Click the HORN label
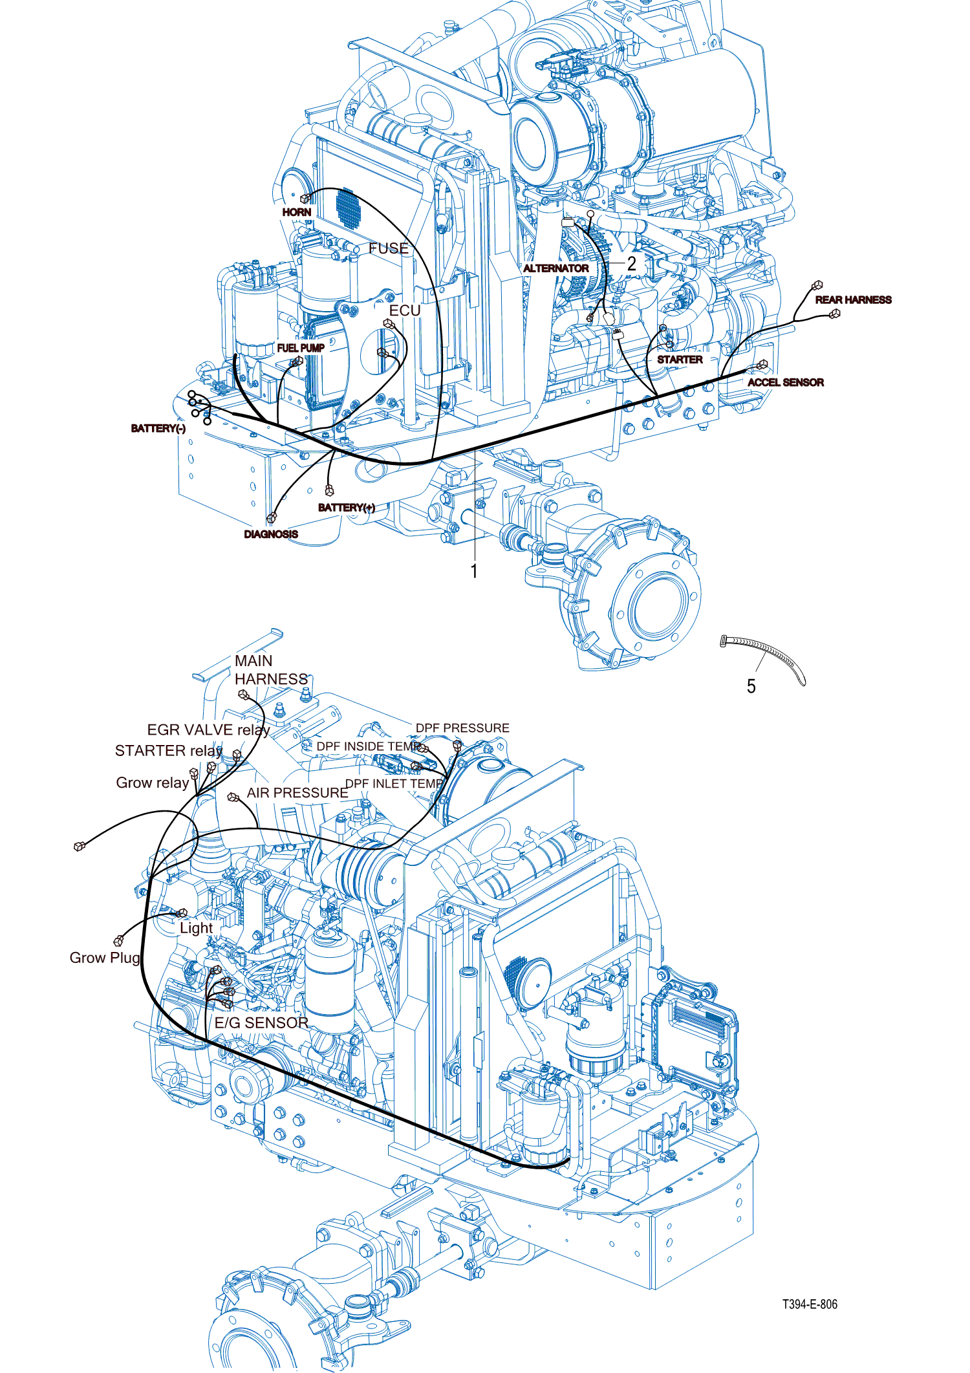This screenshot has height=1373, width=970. pyautogui.click(x=297, y=212)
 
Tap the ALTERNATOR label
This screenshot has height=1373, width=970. pyautogui.click(x=555, y=268)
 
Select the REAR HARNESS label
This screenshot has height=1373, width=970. pyautogui.click(x=853, y=300)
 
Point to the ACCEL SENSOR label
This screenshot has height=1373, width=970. pyautogui.click(x=785, y=383)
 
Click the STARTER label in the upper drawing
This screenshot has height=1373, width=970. pyautogui.click(x=680, y=360)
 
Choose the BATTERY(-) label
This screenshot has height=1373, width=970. pyautogui.click(x=158, y=429)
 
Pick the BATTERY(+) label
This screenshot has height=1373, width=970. pyautogui.click(x=346, y=508)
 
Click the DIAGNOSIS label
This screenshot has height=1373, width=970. pyautogui.click(x=271, y=534)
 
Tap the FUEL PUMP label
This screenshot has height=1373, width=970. pyautogui.click(x=301, y=348)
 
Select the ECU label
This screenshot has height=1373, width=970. pyautogui.click(x=405, y=311)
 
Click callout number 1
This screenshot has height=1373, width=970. pyautogui.click(x=474, y=571)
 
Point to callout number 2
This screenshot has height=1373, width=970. pyautogui.click(x=632, y=264)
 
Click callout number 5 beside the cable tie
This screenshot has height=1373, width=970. pyautogui.click(x=751, y=686)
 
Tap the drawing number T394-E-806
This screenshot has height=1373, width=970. pyautogui.click(x=810, y=1304)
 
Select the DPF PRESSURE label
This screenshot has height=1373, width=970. pyautogui.click(x=462, y=728)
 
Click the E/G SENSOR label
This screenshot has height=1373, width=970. pyautogui.click(x=261, y=1022)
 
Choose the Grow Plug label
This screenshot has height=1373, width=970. pyautogui.click(x=105, y=958)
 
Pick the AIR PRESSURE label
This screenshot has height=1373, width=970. pyautogui.click(x=297, y=793)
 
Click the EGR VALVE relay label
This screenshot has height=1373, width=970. pyautogui.click(x=208, y=730)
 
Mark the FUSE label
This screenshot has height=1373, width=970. pyautogui.click(x=389, y=248)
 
